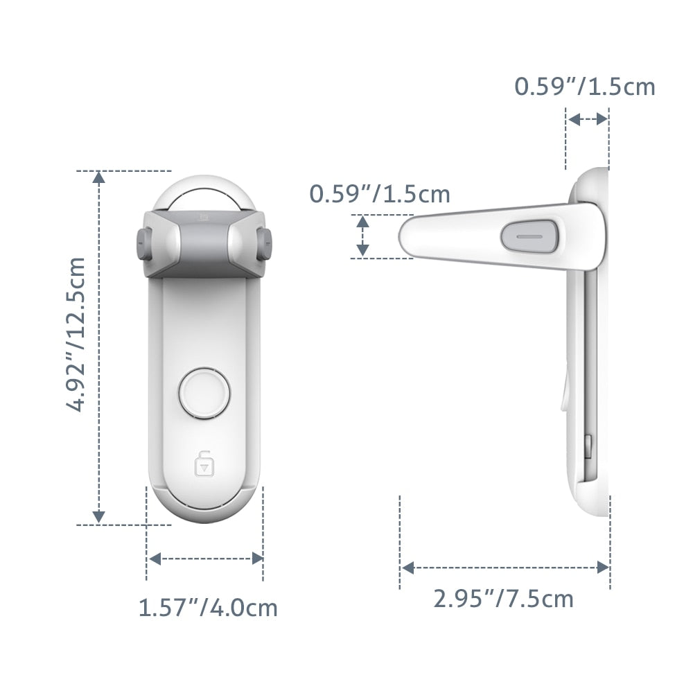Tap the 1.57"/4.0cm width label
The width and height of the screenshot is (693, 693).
coord(208,608)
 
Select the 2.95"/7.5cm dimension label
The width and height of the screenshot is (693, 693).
coord(504,597)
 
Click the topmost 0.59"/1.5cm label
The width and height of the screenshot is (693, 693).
coord(584,87)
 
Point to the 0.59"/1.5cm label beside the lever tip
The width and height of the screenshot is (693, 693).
coord(380,194)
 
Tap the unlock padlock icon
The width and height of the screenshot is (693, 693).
coord(204,464)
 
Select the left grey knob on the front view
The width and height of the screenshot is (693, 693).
coord(143,244)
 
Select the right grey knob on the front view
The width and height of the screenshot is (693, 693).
coord(265,244)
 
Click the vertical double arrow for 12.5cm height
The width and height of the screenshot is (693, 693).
coord(99,346)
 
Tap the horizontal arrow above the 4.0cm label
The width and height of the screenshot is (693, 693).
coord(206,559)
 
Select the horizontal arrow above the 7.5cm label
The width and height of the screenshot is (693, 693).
coord(505,568)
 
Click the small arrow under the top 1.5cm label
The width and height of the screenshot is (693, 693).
coord(588,119)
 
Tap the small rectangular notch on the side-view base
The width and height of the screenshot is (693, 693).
coord(588,447)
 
